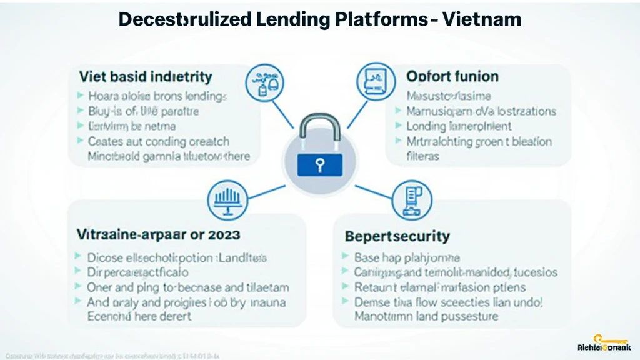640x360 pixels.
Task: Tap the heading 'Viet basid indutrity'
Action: coord(146,77)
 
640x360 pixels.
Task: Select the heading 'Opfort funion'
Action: coord(452,77)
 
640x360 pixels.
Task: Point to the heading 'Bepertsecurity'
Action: coord(397,236)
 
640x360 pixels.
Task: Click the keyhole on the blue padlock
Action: coord(320,165)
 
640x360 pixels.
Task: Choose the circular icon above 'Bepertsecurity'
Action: coord(411,199)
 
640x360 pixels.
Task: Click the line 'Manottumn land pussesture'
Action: coord(426,316)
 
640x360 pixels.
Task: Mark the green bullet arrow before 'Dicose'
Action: coord(78,257)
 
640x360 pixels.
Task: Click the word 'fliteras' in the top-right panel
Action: coord(422,156)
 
